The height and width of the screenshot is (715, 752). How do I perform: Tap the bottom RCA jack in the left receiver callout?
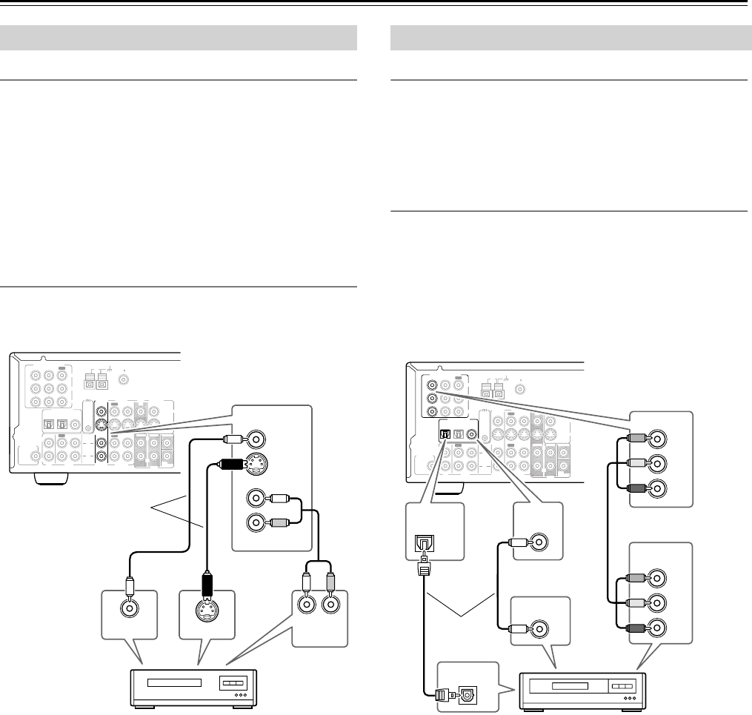[x=256, y=522]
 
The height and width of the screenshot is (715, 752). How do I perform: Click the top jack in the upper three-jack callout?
[x=656, y=439]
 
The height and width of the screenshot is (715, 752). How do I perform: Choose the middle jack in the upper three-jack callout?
[x=656, y=465]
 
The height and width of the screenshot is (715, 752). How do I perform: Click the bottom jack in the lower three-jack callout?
[x=656, y=626]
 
